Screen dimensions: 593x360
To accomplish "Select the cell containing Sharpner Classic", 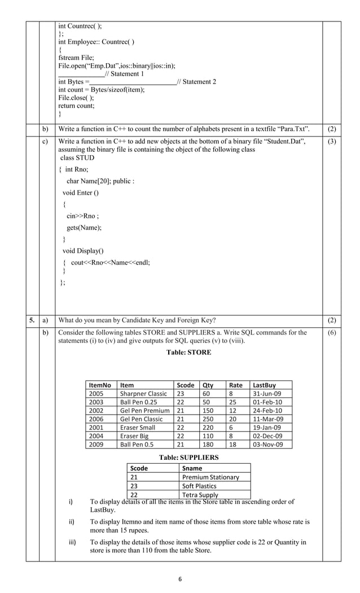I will tap(143, 394).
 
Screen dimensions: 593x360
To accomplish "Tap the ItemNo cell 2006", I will tap(96, 419).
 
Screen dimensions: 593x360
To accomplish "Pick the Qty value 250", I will tap(209, 419).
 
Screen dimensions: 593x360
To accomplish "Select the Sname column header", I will tap(192, 468).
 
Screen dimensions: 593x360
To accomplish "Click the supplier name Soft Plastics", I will tap(199, 486).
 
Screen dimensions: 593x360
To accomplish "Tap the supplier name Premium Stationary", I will tap(210, 477).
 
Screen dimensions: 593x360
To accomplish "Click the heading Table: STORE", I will tap(188, 353).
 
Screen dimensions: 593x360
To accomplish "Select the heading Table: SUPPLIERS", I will tap(188, 458).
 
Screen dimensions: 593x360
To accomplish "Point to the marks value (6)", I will tap(331, 333).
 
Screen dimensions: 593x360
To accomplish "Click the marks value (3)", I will tap(331, 141).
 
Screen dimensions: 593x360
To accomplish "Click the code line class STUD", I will tap(77, 158).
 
